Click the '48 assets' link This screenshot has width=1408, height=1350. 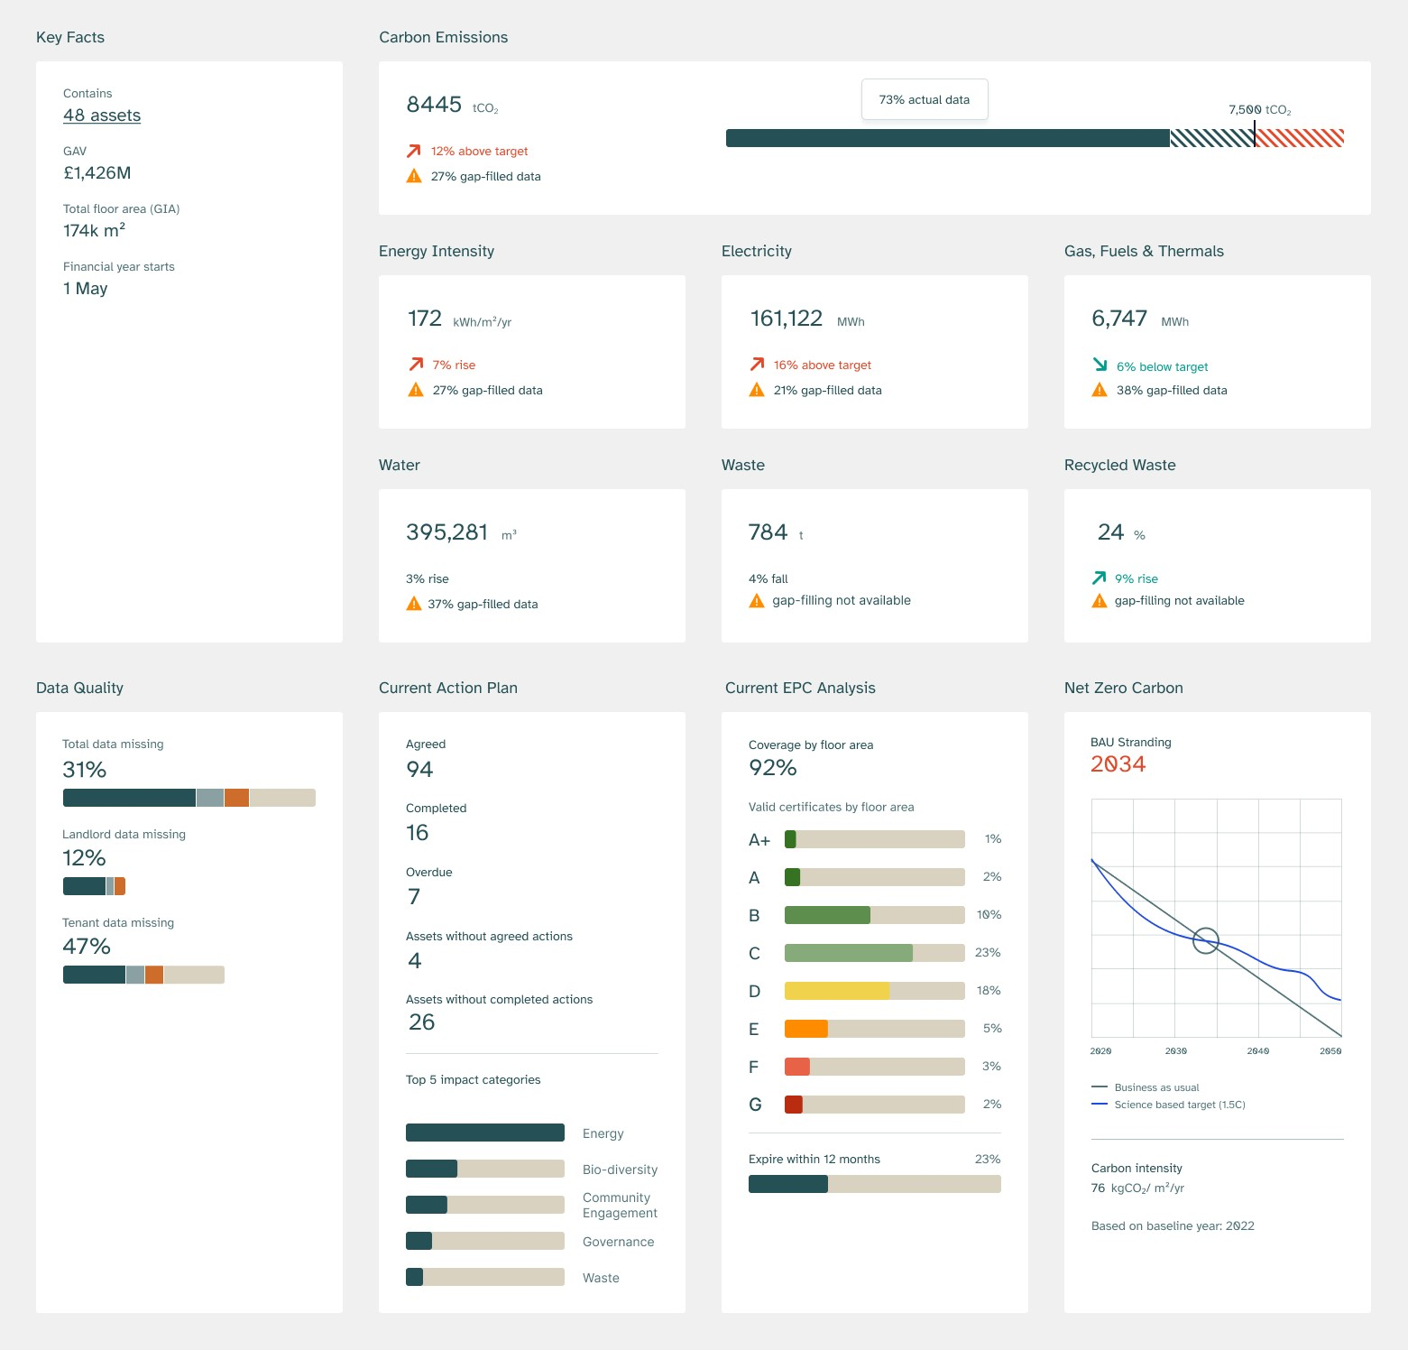click(102, 116)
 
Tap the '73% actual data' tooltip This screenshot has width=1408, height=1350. click(925, 99)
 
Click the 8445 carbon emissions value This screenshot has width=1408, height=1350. click(434, 105)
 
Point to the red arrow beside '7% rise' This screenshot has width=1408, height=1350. click(416, 365)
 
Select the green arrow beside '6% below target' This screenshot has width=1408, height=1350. click(1100, 365)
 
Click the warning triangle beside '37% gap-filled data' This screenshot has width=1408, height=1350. click(414, 604)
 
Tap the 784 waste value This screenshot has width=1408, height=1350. click(768, 532)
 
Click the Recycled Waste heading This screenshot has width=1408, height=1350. click(1119, 465)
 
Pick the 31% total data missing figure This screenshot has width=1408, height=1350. click(85, 770)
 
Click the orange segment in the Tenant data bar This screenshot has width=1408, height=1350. click(154, 975)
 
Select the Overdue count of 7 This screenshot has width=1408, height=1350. click(414, 897)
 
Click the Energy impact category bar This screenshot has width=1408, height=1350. click(485, 1133)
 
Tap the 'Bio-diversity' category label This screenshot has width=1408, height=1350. click(620, 1170)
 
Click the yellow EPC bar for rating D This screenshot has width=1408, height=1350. click(837, 991)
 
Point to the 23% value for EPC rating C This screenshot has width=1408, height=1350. click(988, 953)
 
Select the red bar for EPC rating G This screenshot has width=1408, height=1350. click(794, 1105)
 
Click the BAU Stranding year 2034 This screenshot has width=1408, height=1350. click(1118, 764)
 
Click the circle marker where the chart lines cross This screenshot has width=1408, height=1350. click(1206, 941)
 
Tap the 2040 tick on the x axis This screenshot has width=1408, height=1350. click(1258, 1051)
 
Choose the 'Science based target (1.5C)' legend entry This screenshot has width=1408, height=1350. click(1179, 1105)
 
